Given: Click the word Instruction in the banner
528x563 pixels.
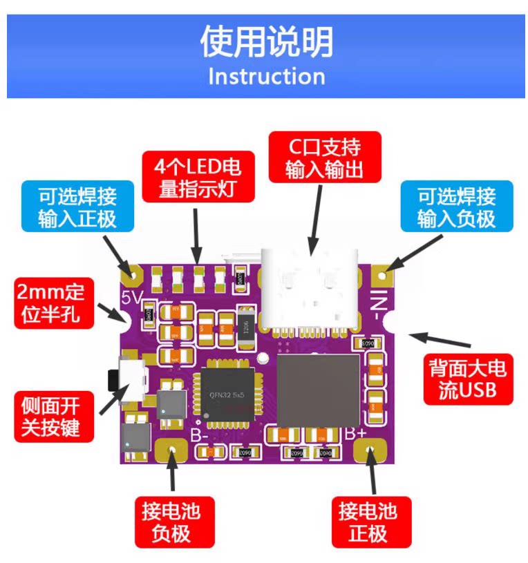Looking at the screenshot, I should [x=266, y=76].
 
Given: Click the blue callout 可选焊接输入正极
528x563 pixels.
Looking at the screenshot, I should [x=77, y=207].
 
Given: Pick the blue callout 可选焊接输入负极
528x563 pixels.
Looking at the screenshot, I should [x=456, y=207].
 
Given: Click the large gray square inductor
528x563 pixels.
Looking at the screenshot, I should [x=318, y=390].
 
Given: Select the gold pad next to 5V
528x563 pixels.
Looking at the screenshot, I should [x=131, y=274].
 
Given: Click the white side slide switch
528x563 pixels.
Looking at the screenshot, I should [x=133, y=379].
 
